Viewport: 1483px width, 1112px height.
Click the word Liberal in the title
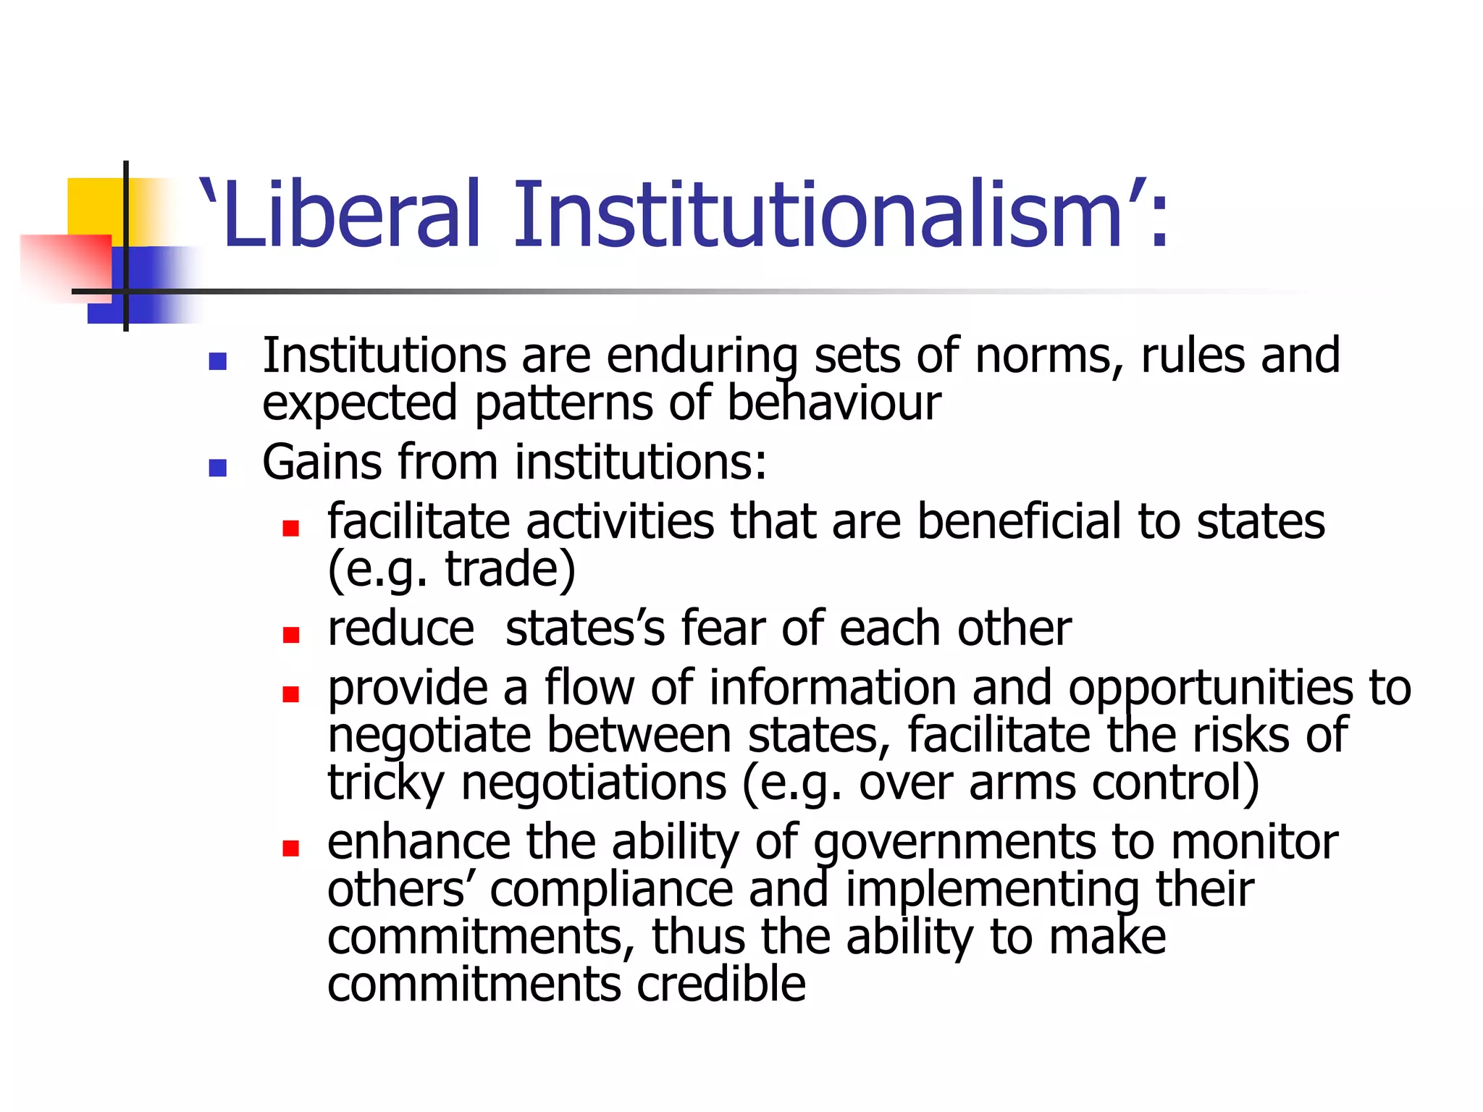pos(352,215)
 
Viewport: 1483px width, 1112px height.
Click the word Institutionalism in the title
pos(818,215)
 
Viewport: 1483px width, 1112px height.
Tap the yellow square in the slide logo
pos(94,206)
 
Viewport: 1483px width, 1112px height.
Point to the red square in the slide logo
pos(65,264)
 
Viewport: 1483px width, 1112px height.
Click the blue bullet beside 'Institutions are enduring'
pos(217,360)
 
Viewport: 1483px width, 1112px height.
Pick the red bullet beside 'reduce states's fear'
pos(291,634)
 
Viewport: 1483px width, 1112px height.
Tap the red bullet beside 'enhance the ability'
pos(291,848)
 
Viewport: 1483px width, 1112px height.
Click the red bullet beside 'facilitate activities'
pos(291,528)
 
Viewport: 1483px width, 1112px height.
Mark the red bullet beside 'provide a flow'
pos(291,694)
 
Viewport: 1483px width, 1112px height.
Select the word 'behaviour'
pos(833,403)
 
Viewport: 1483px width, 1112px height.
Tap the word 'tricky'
pos(386,783)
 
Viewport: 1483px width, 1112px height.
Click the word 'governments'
pos(954,843)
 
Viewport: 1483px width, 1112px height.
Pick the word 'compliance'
pos(611,890)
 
